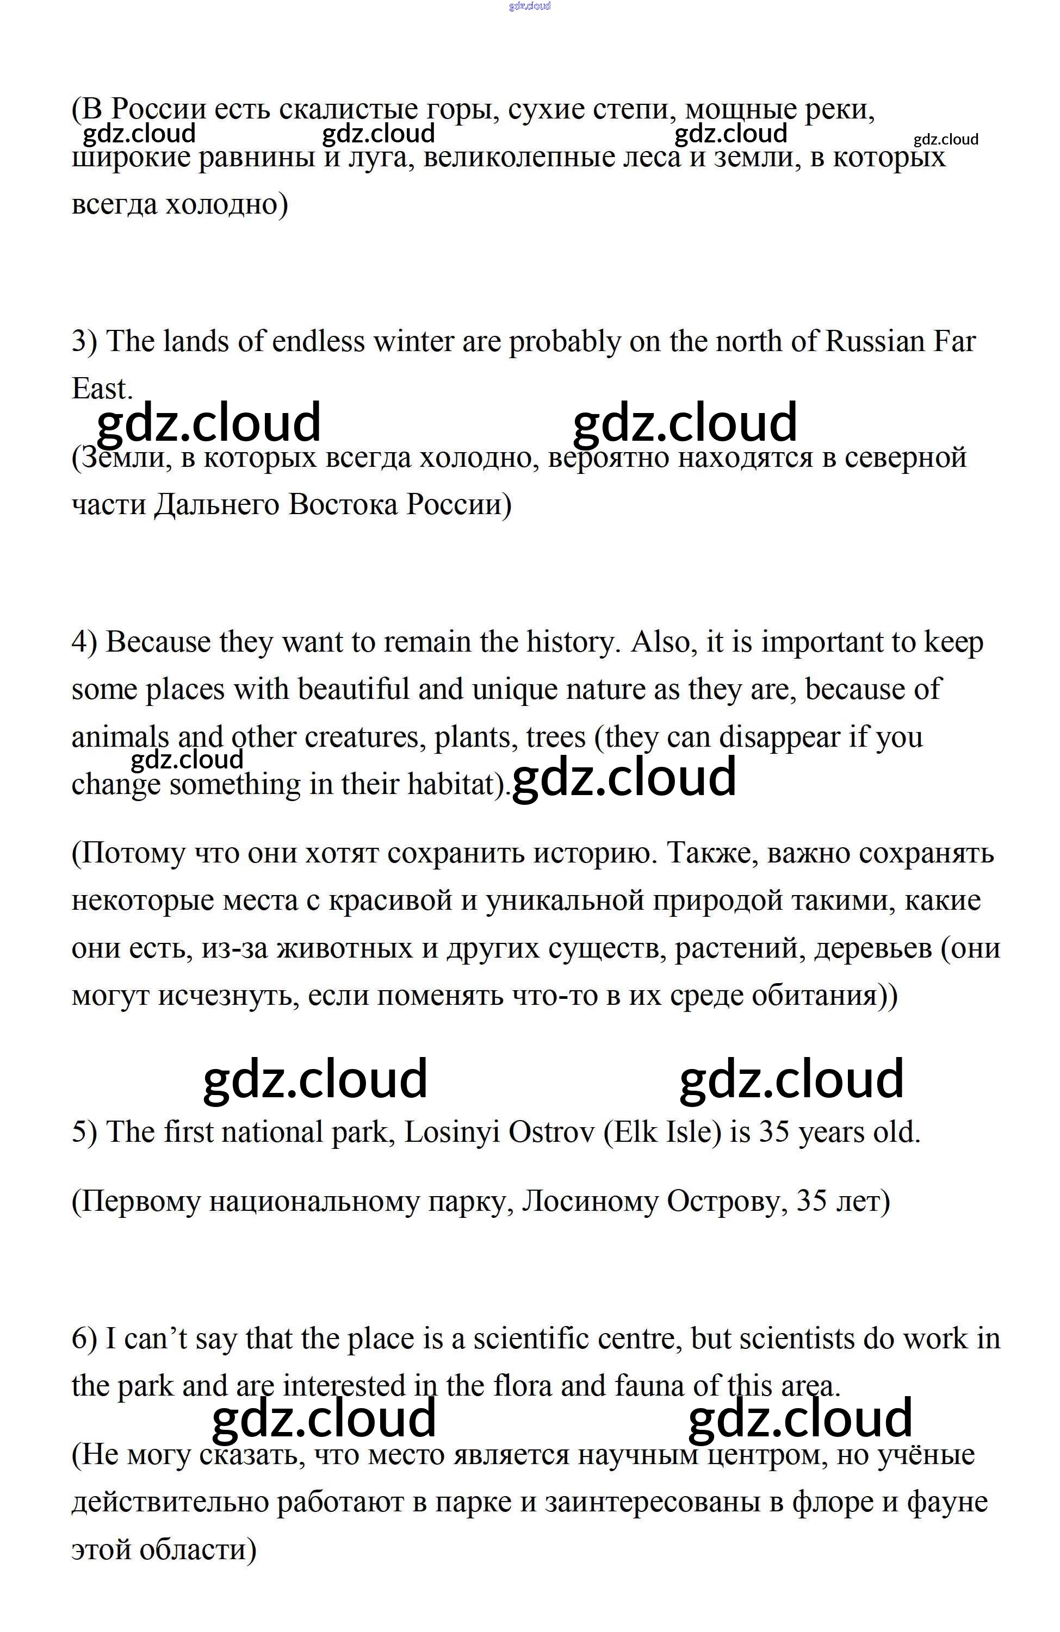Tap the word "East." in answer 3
tap(102, 389)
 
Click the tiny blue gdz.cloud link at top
tap(530, 6)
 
